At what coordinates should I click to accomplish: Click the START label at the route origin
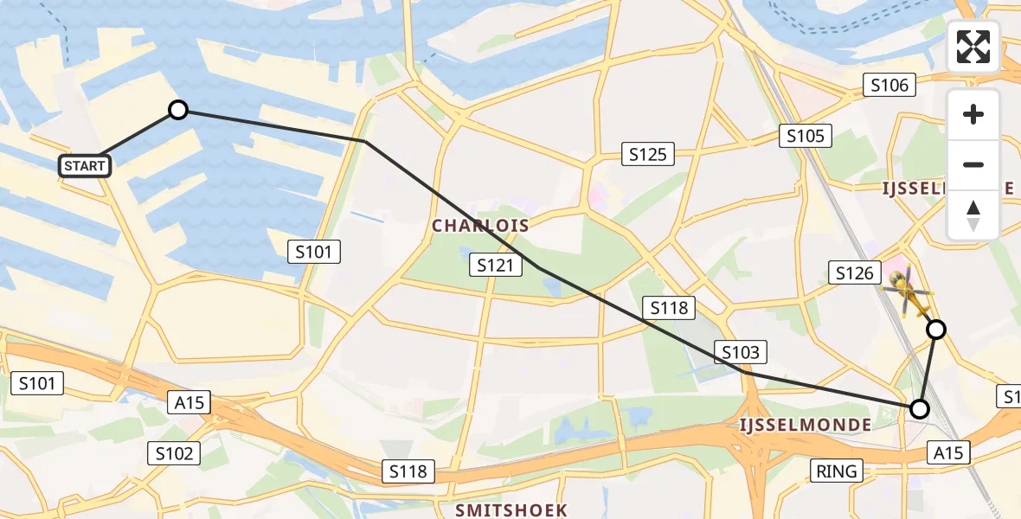(85, 165)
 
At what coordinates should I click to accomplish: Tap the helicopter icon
(906, 293)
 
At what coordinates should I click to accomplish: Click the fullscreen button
(973, 47)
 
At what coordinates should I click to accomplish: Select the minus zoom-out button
(973, 164)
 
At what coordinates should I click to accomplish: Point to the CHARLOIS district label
(480, 226)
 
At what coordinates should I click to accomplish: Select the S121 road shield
(496, 265)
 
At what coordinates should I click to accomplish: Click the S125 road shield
(647, 154)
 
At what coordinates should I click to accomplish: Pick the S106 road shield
(889, 84)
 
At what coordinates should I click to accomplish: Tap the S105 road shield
(806, 135)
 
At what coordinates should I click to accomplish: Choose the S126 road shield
(854, 273)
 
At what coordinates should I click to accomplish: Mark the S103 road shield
(740, 351)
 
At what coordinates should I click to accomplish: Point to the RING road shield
(837, 471)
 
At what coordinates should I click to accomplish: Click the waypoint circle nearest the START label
(177, 110)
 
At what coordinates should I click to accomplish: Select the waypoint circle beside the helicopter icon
(936, 329)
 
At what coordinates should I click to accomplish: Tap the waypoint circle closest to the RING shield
(920, 408)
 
